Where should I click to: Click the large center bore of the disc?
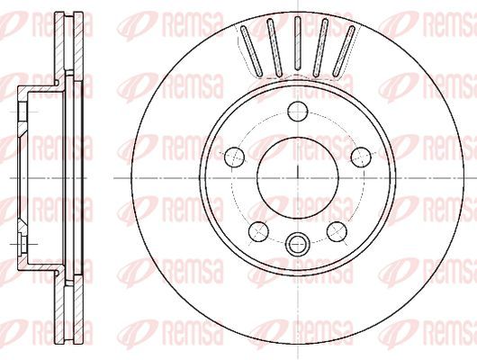coord(298,177)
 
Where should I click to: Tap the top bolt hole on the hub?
coord(298,112)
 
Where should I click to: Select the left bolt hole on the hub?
coord(234,157)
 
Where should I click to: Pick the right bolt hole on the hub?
coord(361,157)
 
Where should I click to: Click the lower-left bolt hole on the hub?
coord(258,231)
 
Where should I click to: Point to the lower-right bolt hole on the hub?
coord(337,231)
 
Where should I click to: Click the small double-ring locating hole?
coord(298,243)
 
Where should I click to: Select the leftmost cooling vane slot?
coord(251,51)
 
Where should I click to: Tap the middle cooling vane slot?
coord(298,43)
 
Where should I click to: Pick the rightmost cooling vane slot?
coord(344,51)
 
